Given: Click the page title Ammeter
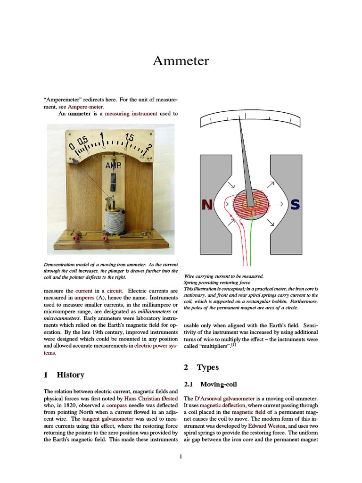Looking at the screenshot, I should click(181, 61).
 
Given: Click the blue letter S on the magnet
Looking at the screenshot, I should click(295, 204).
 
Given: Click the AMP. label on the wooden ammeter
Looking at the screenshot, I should click(113, 166).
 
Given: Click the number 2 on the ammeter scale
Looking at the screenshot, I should click(149, 148).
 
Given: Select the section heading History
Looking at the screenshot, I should click(70, 375).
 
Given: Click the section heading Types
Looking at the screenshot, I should click(207, 367).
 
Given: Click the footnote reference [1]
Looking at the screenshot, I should click(233, 345).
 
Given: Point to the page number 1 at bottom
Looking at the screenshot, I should click(181, 456).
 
